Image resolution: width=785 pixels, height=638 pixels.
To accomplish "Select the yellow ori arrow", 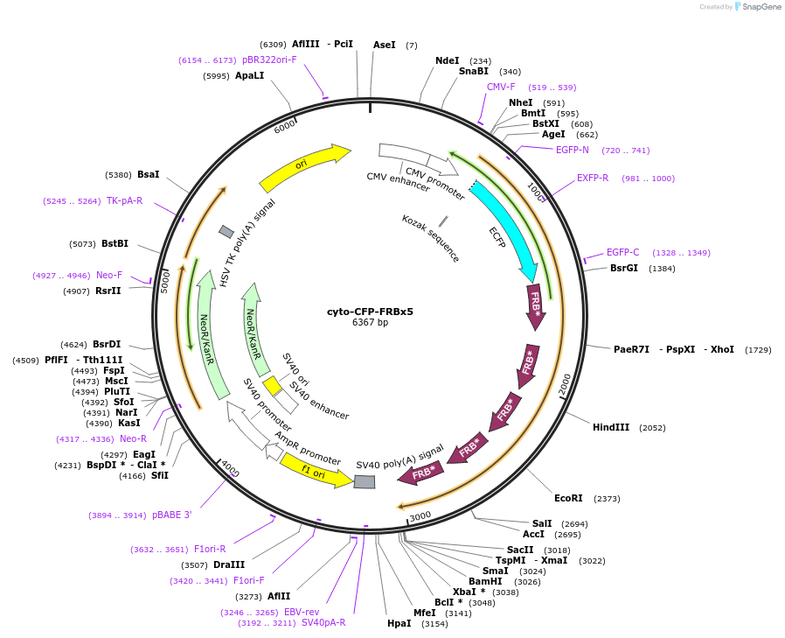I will (302, 167).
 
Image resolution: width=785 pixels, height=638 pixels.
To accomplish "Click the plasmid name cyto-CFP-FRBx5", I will (370, 311).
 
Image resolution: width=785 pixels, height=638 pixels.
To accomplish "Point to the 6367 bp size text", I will (370, 323).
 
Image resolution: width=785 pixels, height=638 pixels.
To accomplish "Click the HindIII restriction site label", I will (611, 428).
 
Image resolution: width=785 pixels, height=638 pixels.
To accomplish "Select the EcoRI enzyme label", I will (568, 498).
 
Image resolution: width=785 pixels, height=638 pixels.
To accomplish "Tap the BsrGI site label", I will (624, 268).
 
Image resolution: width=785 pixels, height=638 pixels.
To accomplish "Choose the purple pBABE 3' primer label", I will (171, 515).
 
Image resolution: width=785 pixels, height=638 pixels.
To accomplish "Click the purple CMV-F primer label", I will (501, 88).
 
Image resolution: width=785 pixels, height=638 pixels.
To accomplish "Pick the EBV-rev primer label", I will (302, 613).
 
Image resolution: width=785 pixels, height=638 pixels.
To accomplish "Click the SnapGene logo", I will (758, 7).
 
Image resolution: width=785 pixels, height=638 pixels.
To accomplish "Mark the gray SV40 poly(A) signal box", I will (365, 481).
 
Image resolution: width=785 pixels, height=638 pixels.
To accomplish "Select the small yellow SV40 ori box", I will (272, 385).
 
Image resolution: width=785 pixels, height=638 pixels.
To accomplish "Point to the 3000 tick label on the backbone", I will (420, 515).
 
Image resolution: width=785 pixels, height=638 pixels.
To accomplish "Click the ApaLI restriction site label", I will (249, 76).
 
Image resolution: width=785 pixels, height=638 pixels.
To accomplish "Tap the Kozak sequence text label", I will (430, 237).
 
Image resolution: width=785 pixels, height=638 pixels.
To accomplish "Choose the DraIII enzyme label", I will (229, 565).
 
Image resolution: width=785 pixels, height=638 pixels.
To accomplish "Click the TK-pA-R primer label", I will (124, 201).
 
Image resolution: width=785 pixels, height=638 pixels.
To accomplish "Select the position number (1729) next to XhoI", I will (758, 349).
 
